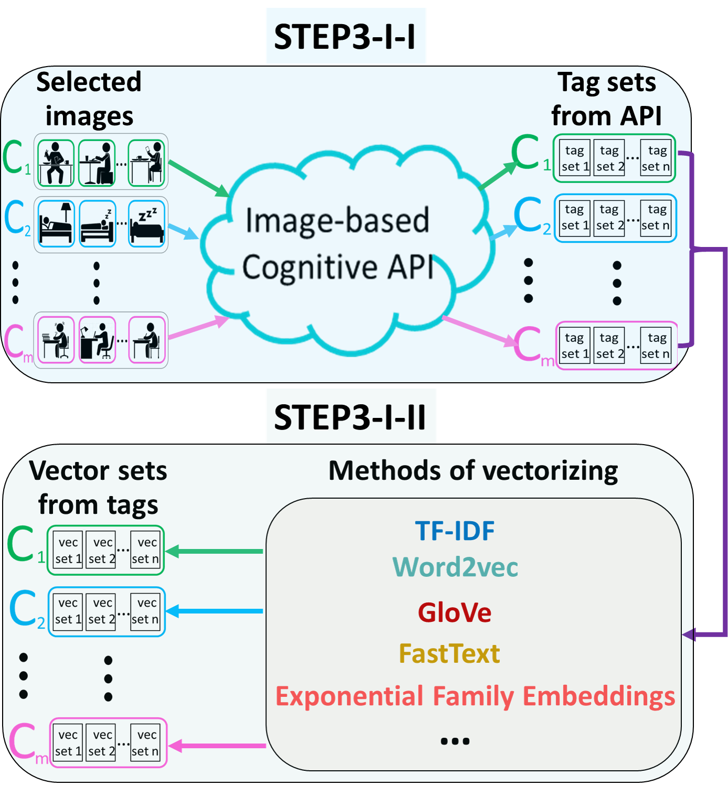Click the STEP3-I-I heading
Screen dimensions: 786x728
coord(346,36)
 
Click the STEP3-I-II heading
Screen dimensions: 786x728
coord(350,417)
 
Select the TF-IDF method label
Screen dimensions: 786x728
coord(455,531)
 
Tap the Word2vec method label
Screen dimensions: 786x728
coord(455,567)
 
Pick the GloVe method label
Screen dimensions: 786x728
coord(454,612)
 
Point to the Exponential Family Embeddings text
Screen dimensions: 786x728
coord(475,696)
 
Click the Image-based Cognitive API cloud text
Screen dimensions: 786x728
coord(338,244)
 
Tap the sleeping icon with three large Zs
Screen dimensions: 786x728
coord(147,224)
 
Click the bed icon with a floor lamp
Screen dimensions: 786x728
coord(56,223)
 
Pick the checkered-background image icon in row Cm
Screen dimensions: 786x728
coord(98,340)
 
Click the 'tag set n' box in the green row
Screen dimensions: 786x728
coord(656,159)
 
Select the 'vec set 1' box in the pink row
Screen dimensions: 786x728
coord(68,743)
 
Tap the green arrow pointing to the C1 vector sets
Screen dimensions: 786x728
coord(215,551)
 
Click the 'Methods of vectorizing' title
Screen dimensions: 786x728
coord(473,470)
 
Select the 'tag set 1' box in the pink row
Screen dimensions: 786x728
coord(574,346)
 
